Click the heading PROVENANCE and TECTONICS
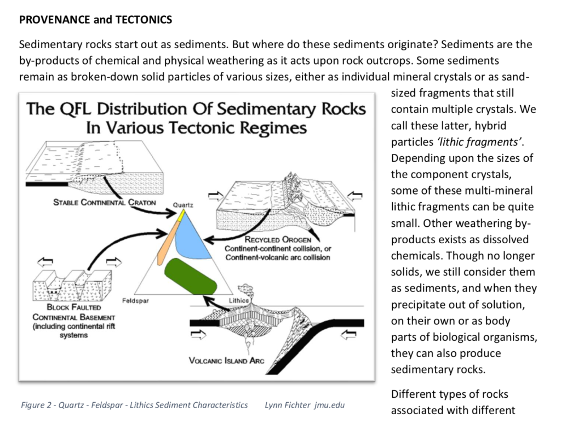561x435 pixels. [x=95, y=20]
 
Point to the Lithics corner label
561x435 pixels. [x=238, y=301]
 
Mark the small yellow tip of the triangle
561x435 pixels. [x=181, y=215]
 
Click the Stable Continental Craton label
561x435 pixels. [x=104, y=202]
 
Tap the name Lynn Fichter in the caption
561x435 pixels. [x=283, y=405]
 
